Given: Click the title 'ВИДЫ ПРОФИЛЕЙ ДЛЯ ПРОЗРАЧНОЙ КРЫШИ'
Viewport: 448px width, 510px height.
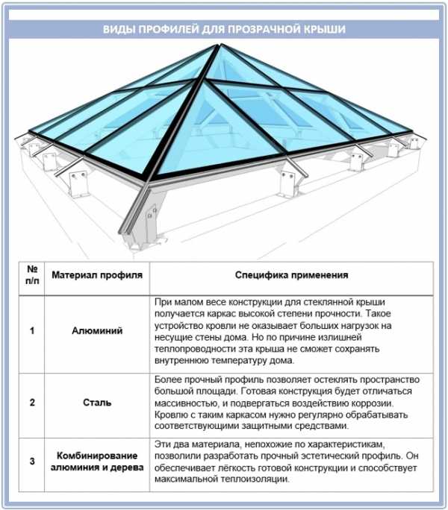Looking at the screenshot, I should [x=224, y=29].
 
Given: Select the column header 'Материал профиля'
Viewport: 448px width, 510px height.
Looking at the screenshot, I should [x=97, y=275].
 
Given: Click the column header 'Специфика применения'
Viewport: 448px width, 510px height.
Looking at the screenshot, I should [x=292, y=275].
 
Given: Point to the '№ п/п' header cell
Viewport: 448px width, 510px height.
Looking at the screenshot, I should [x=32, y=275].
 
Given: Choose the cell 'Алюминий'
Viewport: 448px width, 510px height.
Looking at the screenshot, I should [x=97, y=331].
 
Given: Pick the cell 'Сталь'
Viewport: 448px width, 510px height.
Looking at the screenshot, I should [x=97, y=403].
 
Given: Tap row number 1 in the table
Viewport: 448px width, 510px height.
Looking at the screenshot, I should [x=32, y=331].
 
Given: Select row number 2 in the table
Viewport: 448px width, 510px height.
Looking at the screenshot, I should [x=32, y=403].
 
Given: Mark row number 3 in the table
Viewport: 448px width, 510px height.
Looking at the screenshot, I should [x=32, y=461].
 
